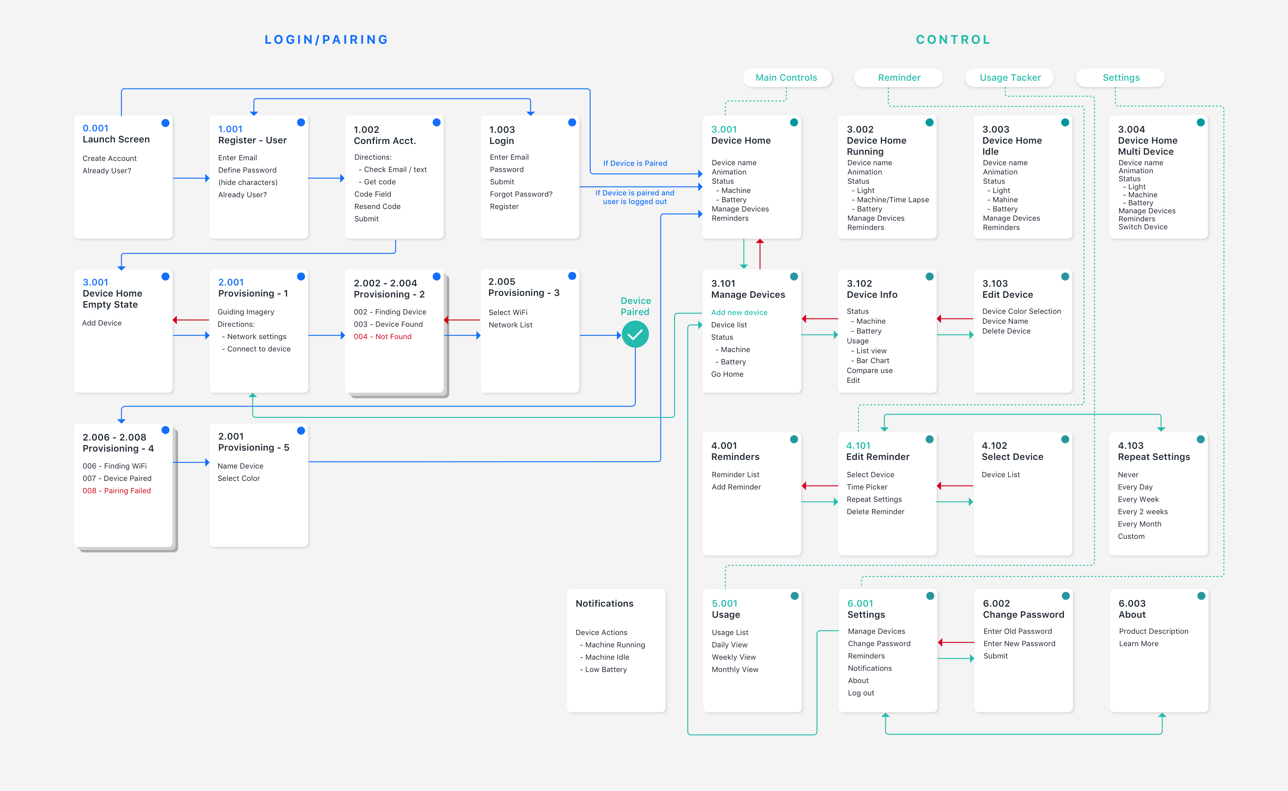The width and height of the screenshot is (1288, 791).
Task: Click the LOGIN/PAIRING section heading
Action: (x=326, y=40)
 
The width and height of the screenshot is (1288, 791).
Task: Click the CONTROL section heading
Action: (x=953, y=40)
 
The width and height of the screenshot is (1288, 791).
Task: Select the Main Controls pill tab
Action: (x=786, y=77)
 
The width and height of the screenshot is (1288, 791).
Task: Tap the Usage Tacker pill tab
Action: (x=1010, y=77)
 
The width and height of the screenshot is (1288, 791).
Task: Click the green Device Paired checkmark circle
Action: (x=635, y=335)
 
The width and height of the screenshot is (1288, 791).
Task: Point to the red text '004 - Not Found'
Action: (x=382, y=336)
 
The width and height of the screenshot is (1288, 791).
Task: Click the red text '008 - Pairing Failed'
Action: (x=116, y=491)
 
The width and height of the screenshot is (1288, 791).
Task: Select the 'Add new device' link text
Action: (x=739, y=312)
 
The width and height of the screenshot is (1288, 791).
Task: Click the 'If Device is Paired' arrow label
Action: (x=635, y=163)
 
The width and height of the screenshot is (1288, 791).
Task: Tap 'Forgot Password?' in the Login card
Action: (x=521, y=194)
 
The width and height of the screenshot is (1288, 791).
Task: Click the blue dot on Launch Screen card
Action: (x=165, y=123)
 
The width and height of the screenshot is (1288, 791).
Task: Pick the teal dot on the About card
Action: (x=1201, y=596)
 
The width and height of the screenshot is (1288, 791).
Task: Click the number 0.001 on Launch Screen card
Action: (x=95, y=128)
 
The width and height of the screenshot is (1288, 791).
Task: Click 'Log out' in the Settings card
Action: (x=861, y=693)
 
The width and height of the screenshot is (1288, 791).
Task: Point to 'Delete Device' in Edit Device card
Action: (x=1006, y=331)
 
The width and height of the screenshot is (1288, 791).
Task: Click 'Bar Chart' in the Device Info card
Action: (x=872, y=360)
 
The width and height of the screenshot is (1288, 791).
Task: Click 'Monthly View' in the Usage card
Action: (x=735, y=670)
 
